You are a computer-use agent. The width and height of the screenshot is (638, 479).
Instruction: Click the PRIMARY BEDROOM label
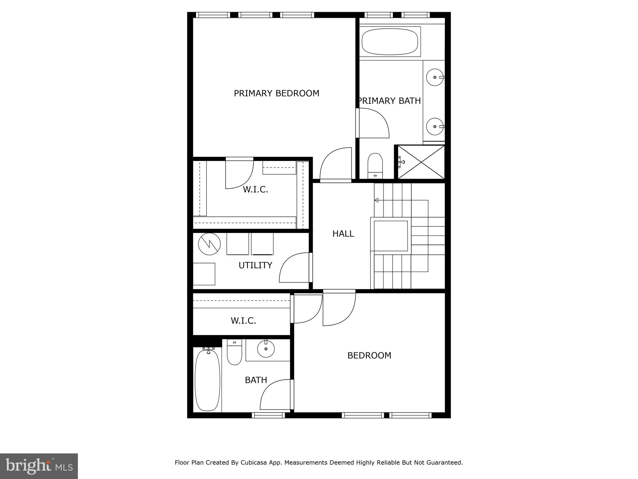pos(276,93)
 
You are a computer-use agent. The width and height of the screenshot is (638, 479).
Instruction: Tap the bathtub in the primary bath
pos(390,42)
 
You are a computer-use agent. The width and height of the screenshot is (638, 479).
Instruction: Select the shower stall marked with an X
pos(421,162)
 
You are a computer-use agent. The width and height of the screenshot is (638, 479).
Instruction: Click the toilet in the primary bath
pos(375,166)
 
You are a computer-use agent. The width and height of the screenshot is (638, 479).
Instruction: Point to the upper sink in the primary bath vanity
pos(435,77)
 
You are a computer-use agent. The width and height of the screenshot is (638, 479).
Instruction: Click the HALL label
pos(343,234)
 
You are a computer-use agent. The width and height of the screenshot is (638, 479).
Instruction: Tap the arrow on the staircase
pos(377,200)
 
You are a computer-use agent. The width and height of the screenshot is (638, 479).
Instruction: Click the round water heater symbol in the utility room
pos(209,244)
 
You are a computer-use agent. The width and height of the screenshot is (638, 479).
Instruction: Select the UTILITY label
pos(255,265)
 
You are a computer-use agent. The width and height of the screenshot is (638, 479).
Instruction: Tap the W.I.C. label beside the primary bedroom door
pos(255,189)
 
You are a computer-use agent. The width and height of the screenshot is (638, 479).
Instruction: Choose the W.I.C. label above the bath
pos(243,321)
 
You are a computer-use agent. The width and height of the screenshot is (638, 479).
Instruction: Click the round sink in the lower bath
pos(266,349)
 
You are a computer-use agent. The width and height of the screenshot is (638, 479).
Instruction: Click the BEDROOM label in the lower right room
pos(369,356)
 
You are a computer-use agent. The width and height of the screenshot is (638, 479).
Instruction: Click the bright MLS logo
pos(39,466)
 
